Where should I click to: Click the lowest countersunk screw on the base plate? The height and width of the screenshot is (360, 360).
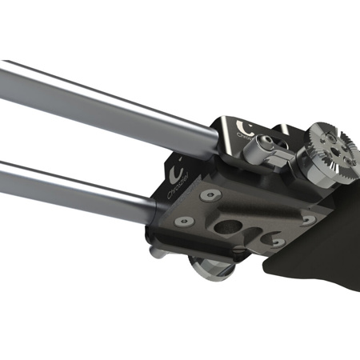tap(275, 241)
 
